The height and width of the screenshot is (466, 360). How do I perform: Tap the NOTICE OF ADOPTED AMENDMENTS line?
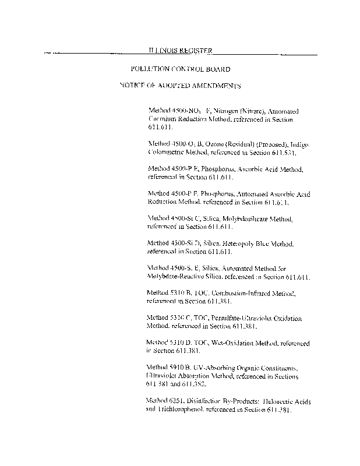(x=180, y=85)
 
